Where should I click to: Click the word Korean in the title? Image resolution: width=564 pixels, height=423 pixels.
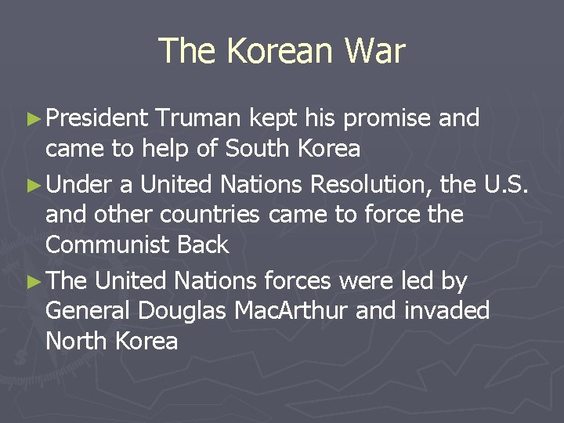[278, 52]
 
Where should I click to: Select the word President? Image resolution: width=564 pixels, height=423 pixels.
[97, 118]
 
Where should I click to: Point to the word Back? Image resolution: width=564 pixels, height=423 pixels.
[203, 245]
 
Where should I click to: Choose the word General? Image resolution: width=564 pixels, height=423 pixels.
[89, 310]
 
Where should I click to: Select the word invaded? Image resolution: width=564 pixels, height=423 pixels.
[451, 310]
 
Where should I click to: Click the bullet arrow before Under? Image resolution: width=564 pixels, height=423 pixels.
[33, 184]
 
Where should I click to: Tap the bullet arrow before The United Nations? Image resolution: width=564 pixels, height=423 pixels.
[33, 280]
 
